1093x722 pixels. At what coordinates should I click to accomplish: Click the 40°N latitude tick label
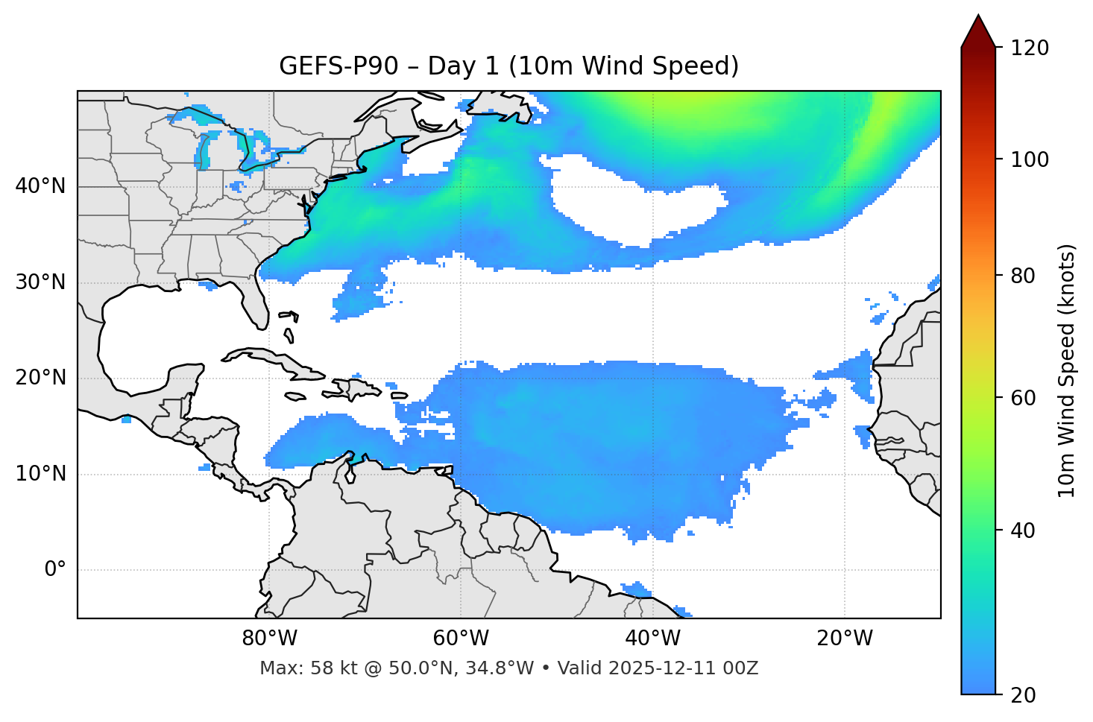click(40, 186)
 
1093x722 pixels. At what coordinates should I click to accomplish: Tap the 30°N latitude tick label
click(40, 282)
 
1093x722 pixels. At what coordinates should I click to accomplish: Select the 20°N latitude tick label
click(40, 378)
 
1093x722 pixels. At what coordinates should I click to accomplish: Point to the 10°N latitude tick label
click(40, 474)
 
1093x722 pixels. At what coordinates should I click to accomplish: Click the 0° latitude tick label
click(55, 570)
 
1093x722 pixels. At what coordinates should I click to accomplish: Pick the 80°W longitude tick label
click(269, 639)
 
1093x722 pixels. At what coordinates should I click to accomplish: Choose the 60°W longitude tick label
click(461, 639)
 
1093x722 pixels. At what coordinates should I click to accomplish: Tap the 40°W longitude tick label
click(653, 639)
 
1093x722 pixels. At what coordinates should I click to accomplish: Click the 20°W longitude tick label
click(845, 639)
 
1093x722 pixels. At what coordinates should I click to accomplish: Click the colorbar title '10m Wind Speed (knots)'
click(1067, 370)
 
